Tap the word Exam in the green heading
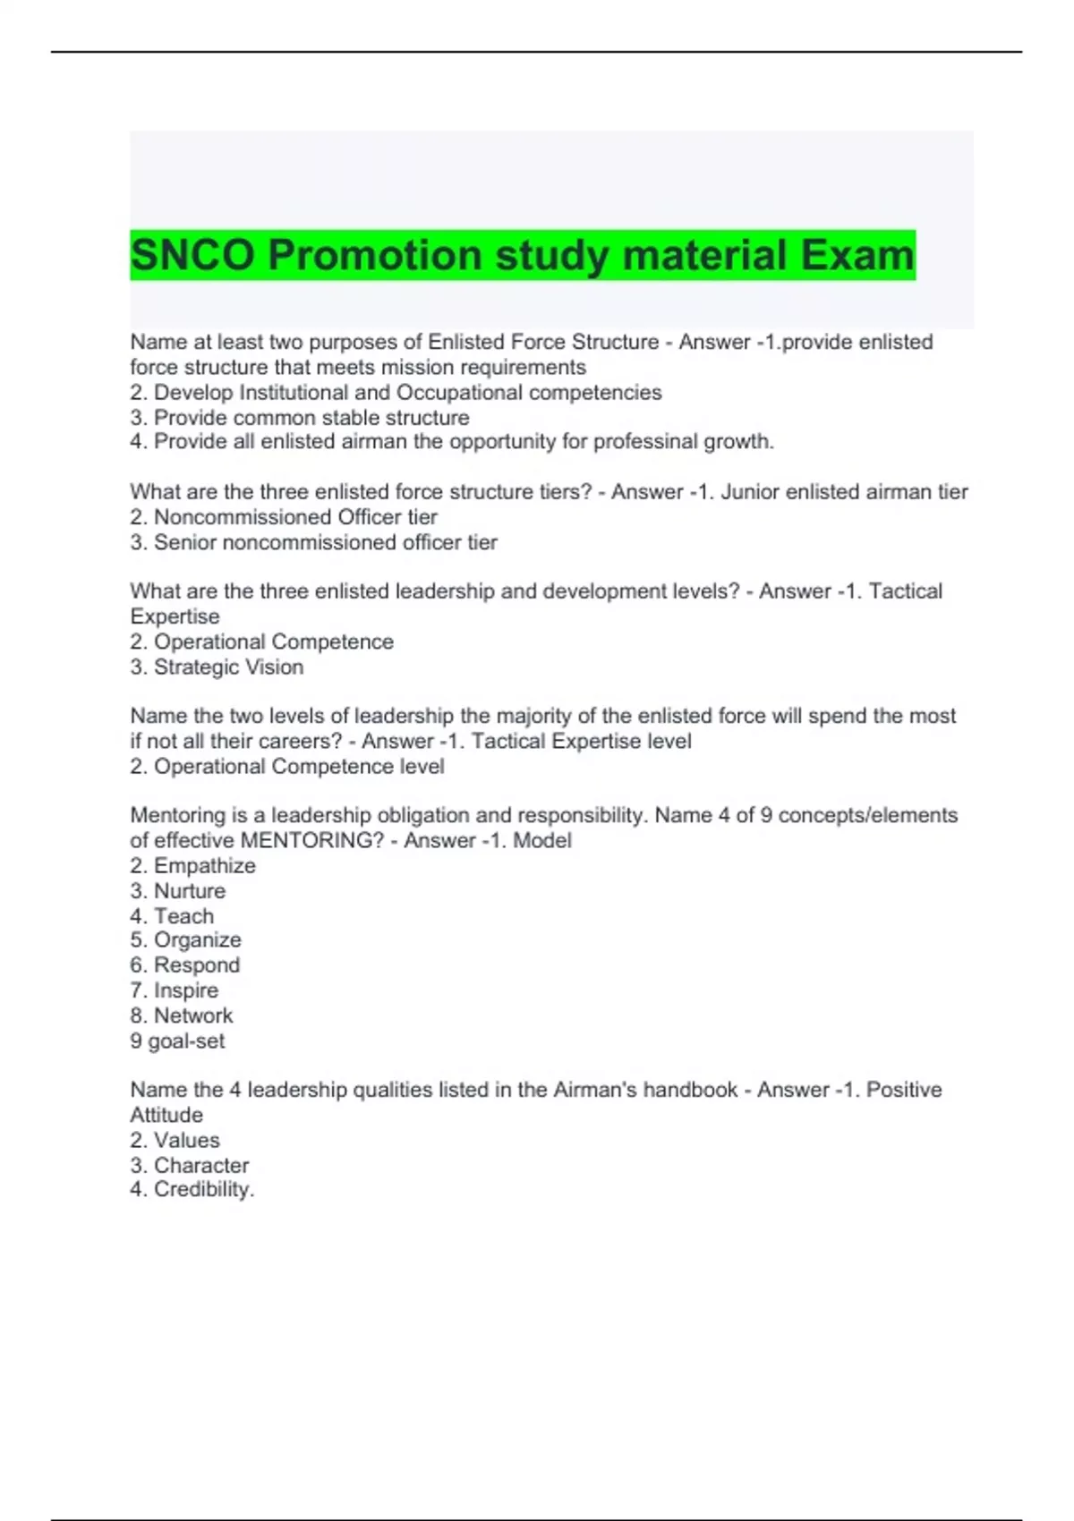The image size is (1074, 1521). (857, 255)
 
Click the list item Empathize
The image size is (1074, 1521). (205, 866)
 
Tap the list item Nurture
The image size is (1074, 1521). (190, 891)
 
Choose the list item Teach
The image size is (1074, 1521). (184, 916)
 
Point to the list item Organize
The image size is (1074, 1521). (198, 940)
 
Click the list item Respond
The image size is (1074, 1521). (197, 965)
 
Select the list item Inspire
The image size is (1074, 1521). (186, 990)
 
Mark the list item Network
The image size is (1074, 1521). (193, 1015)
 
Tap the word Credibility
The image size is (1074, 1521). (204, 1190)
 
